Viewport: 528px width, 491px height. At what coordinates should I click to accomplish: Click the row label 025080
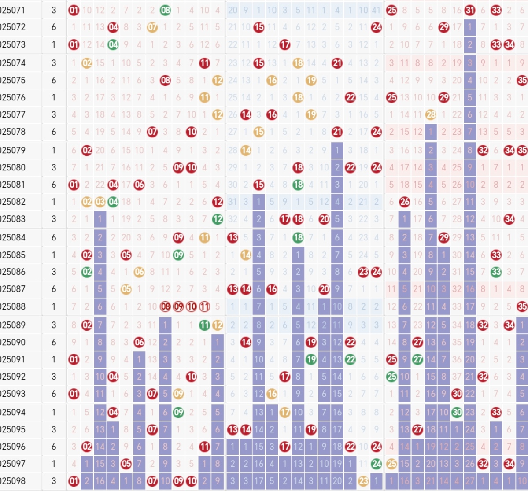(13, 167)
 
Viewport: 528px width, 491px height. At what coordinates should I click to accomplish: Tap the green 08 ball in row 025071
(165, 10)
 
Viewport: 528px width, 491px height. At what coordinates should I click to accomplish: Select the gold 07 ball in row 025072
(152, 27)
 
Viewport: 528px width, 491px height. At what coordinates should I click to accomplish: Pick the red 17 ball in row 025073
(285, 44)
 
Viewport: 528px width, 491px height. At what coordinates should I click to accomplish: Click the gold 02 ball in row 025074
(87, 63)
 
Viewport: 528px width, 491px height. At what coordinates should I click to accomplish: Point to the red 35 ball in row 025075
(522, 80)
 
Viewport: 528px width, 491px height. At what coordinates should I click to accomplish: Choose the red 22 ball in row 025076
(350, 97)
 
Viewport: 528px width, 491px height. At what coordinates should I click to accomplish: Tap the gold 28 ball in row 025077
(431, 114)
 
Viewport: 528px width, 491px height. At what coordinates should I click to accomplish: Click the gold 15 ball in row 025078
(259, 132)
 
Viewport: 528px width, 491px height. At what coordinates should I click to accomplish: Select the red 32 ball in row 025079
(483, 150)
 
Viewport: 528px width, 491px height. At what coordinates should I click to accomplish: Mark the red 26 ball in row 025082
(405, 202)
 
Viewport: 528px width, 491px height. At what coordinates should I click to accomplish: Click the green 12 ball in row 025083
(218, 219)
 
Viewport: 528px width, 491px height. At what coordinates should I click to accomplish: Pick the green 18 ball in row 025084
(298, 237)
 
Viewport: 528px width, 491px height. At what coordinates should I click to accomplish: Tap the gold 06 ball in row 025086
(139, 272)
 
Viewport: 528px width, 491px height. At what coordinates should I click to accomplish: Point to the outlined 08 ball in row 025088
(165, 306)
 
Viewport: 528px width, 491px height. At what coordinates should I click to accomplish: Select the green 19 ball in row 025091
(311, 359)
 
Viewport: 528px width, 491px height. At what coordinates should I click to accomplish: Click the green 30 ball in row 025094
(457, 412)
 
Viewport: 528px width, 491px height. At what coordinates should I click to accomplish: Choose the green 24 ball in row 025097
(376, 464)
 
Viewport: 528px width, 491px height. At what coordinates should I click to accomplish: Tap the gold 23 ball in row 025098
(363, 481)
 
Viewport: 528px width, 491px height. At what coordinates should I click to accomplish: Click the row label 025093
(13, 394)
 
